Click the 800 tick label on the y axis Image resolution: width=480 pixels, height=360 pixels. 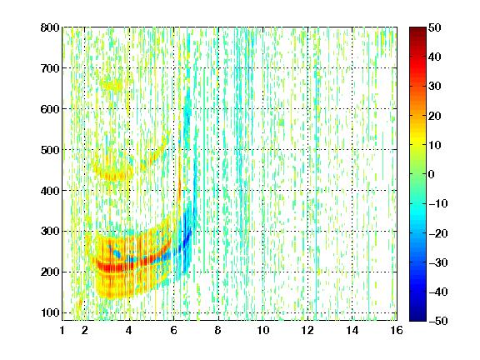[50, 27]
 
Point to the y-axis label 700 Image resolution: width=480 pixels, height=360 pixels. [50, 68]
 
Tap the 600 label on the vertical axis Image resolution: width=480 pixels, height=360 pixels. [50, 109]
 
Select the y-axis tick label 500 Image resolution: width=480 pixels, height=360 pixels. [50, 150]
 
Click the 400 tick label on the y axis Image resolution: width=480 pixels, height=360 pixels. [50, 191]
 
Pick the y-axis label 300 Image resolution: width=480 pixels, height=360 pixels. [50, 232]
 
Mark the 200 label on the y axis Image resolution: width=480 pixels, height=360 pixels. [50, 272]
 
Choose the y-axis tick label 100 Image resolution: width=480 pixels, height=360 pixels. [50, 312]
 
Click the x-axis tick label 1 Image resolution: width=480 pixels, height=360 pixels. [62, 330]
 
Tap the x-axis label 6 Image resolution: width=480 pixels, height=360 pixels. [174, 330]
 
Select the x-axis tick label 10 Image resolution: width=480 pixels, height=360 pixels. [263, 330]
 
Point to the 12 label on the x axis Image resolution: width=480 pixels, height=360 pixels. [307, 330]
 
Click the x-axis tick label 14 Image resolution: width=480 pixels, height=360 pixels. [352, 330]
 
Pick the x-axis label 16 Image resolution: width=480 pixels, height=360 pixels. [397, 330]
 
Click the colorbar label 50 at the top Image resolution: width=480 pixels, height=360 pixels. [434, 27]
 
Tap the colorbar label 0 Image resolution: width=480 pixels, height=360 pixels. [432, 174]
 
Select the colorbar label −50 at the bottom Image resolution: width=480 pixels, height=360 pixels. [438, 321]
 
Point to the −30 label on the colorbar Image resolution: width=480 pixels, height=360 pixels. [438, 262]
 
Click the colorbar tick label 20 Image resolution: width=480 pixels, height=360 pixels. [434, 116]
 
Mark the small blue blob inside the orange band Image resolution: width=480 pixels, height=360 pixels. [117, 253]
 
